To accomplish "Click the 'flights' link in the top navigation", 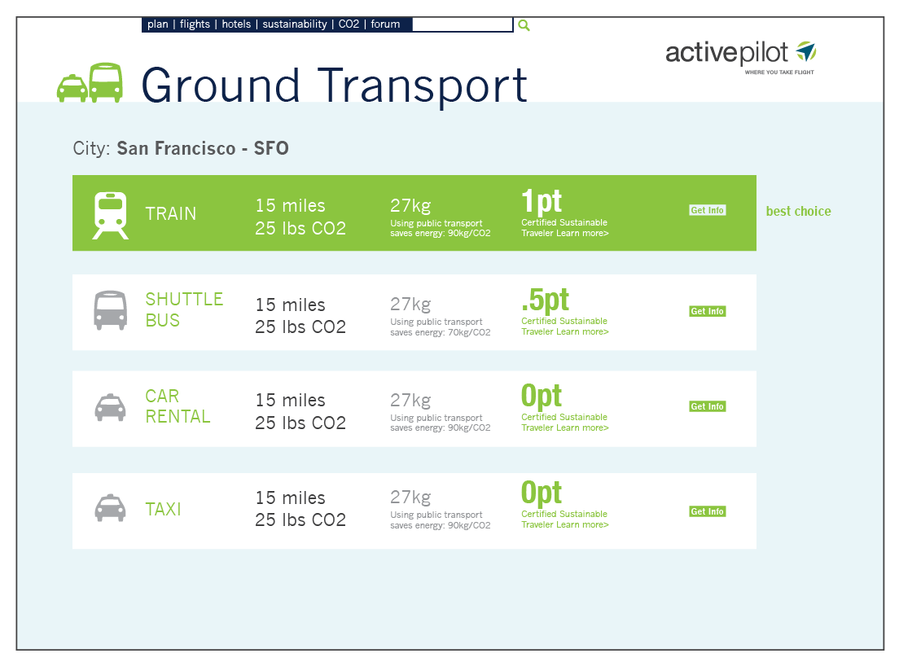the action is coord(195,24).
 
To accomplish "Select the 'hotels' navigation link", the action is coord(236,24).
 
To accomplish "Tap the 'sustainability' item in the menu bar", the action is coord(295,24).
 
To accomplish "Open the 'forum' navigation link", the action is coord(385,24).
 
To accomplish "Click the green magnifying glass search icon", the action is coord(524,25).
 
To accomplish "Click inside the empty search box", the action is coord(462,24).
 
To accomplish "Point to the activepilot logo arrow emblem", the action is coord(806,51).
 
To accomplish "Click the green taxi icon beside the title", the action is coord(72,88).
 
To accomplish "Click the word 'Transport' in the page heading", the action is coord(422,85).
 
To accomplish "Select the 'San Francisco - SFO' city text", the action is coord(203,148).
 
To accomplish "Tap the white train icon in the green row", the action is coord(111,215).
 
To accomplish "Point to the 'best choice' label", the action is coord(798,211).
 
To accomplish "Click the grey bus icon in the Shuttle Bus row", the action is coord(111,310).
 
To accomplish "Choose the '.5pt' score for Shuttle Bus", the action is coord(546,300).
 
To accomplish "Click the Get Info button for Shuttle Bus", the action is coord(708,311).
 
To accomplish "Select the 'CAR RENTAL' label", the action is coord(178,406).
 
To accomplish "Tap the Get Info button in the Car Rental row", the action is coord(708,406).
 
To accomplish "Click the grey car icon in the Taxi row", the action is coord(110,508).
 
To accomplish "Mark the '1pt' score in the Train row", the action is coord(542,200).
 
